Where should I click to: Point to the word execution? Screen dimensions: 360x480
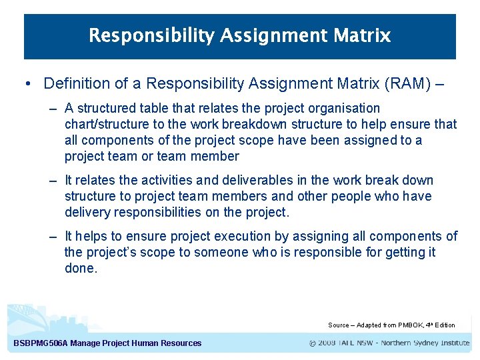click(224, 236)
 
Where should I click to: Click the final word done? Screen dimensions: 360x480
click(81, 268)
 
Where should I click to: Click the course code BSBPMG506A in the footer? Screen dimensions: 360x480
click(39, 343)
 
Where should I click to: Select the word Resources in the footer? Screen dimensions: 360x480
click(180, 343)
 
